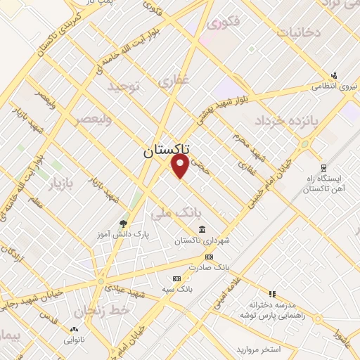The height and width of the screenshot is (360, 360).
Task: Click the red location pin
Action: [x=181, y=166]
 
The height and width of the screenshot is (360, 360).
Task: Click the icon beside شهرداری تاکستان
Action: [x=202, y=230]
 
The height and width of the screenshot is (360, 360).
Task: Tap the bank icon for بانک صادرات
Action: [x=208, y=257]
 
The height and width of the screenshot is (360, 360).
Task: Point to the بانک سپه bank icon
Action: [x=176, y=278]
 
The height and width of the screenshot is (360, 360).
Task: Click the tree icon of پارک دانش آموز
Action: [x=124, y=223]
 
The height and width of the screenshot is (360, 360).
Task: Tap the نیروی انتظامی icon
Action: [x=334, y=75]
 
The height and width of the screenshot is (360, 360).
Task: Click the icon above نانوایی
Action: [x=75, y=329]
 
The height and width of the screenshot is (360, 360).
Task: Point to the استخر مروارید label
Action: [x=259, y=349]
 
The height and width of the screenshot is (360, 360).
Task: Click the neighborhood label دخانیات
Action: [x=299, y=32]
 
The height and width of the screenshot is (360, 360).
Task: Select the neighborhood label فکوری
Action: [x=224, y=22]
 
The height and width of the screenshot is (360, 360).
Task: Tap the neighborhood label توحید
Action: [x=124, y=86]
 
